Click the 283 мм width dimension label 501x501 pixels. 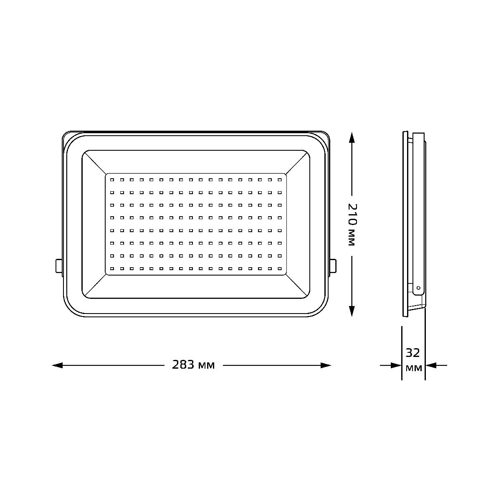point(193,365)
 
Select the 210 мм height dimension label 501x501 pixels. point(352,225)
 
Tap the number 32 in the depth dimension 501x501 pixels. point(413,353)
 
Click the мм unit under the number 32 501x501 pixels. point(413,368)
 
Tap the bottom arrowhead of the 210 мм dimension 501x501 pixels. point(352,311)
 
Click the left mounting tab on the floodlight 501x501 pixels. point(59,266)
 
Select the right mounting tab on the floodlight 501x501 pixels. point(333,266)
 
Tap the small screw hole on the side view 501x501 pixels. point(418,288)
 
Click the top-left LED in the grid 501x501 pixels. point(111,180)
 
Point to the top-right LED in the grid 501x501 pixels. point(280,180)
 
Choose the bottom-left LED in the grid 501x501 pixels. point(111,268)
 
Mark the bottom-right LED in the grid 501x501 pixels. point(280,268)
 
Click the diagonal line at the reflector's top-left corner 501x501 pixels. point(94,162)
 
